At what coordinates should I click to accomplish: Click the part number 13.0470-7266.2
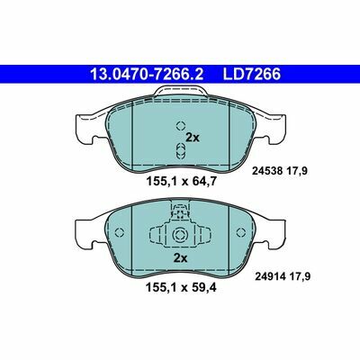[x=147, y=75]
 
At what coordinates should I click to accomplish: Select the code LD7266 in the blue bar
[x=251, y=75]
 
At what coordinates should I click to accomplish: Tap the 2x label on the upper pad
[x=193, y=138]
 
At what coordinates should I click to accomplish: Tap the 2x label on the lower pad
[x=180, y=258]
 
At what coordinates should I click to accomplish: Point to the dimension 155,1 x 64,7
[x=181, y=181]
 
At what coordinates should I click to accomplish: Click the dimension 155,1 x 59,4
[x=181, y=288]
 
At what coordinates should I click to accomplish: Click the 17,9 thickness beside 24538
[x=297, y=171]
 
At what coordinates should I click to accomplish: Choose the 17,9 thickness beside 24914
[x=301, y=276]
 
